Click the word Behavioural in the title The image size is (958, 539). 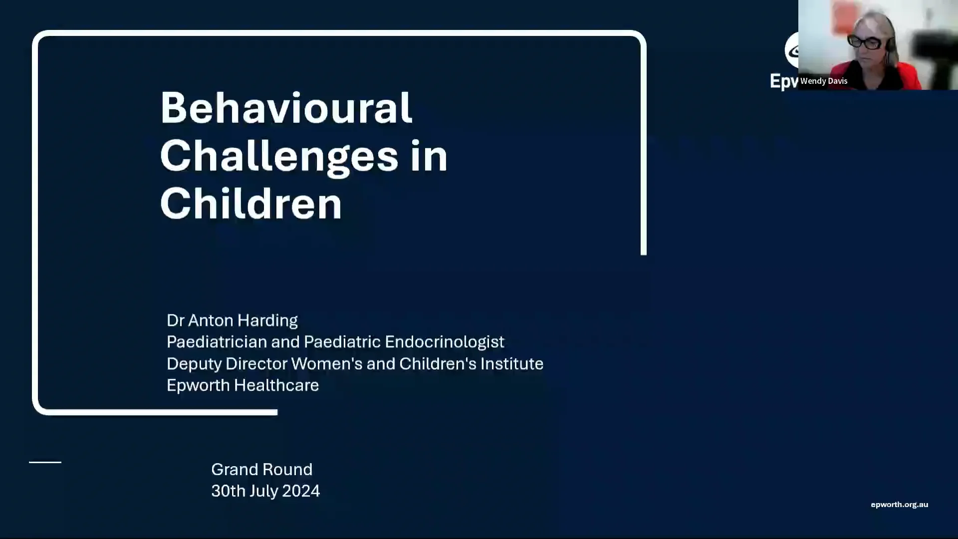coord(286,108)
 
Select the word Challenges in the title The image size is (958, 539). coord(279,156)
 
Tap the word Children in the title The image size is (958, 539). coord(251,204)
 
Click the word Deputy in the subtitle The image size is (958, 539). coord(194,364)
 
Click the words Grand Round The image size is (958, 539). coord(261,470)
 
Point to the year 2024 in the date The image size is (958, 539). coord(301,491)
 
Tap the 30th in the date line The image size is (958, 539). coord(228,491)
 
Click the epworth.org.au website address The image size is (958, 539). coord(899,505)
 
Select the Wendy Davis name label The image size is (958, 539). coord(824,81)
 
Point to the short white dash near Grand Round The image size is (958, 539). coord(45,462)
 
